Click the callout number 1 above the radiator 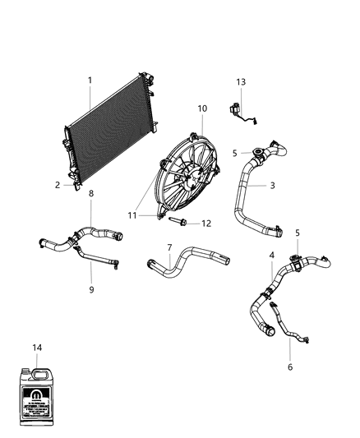click(x=90, y=80)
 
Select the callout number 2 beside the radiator click(x=58, y=185)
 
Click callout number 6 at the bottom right click(x=289, y=367)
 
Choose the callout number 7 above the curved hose click(x=169, y=247)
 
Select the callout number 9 click(x=91, y=289)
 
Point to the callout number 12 click(x=206, y=223)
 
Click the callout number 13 click(x=241, y=82)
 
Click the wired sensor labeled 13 click(x=242, y=112)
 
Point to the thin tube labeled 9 click(x=99, y=260)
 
